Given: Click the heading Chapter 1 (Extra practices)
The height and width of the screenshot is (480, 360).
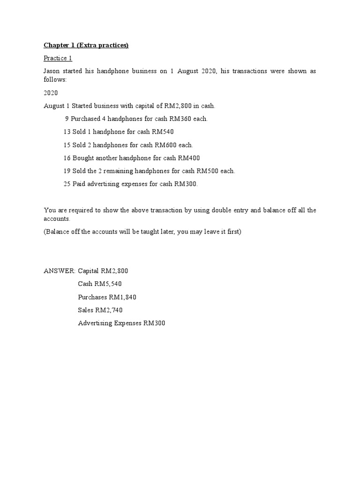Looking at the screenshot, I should [86, 45].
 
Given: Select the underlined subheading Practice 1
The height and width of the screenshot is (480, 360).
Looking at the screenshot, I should [58, 58].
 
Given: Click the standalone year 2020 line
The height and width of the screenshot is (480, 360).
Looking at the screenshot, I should [51, 93].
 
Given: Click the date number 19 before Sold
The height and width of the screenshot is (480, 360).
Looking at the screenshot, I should [67, 171].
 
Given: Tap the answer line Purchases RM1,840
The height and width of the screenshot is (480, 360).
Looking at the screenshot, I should [107, 297].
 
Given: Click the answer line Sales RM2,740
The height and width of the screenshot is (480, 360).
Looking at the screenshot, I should [100, 310].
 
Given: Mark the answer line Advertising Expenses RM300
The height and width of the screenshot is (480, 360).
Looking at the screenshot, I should [121, 323].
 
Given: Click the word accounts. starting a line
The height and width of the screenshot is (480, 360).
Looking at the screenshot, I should [56, 219].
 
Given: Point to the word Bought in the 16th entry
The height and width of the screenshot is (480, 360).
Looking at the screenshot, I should [82, 158].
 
